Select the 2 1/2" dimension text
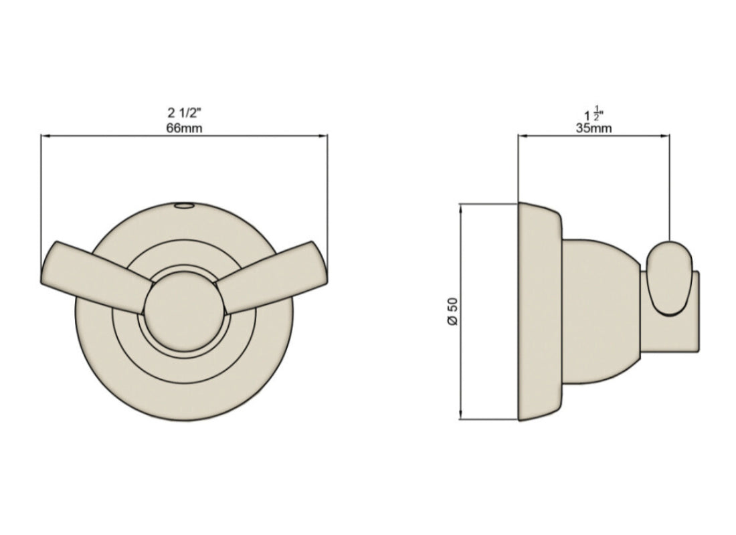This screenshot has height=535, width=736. coord(184,112)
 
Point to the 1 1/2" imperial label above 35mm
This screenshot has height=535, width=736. coord(593,112)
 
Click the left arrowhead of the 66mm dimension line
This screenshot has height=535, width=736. coord(45,136)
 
